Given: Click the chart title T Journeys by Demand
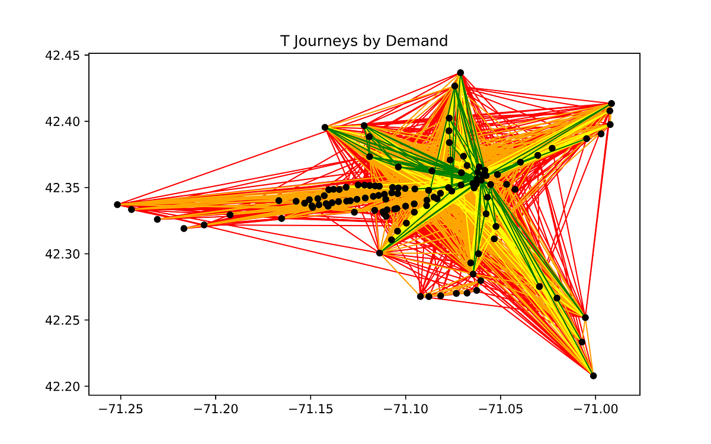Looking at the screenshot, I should [364, 41].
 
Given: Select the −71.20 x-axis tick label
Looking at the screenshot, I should [216, 410].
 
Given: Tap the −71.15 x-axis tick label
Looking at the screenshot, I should [310, 410].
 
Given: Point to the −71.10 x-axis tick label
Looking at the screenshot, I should [405, 410].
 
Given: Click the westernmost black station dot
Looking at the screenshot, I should [117, 204].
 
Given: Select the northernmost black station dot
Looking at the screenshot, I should [460, 73].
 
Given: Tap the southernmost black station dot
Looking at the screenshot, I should [593, 376].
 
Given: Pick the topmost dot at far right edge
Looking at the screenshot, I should [611, 104].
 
